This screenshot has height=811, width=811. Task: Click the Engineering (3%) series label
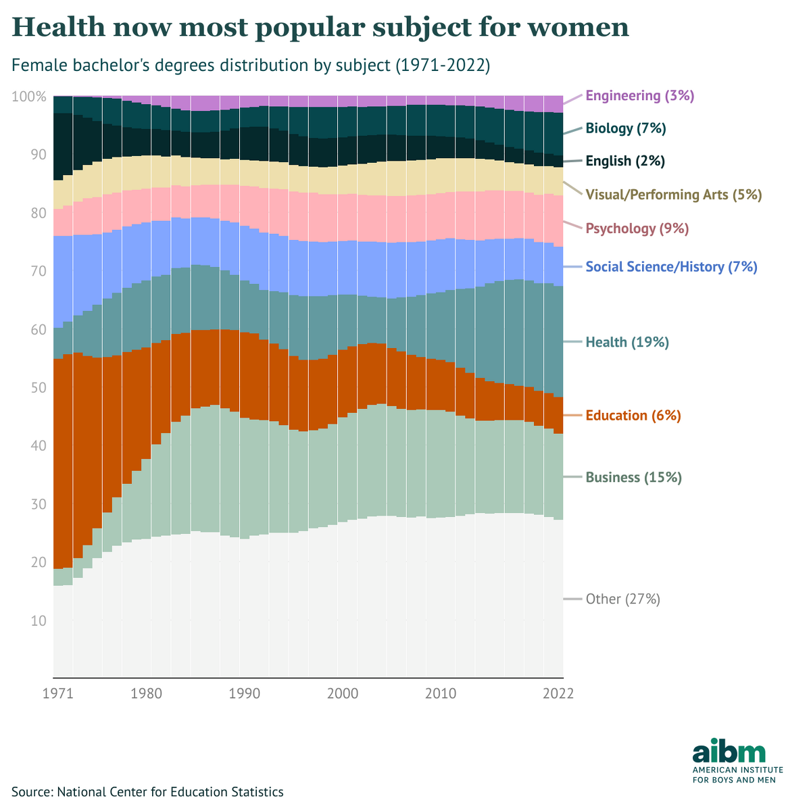point(639,96)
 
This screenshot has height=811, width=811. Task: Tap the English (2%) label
point(625,162)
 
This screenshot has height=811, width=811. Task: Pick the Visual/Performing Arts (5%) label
point(673,195)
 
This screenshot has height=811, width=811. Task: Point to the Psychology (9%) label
point(637,229)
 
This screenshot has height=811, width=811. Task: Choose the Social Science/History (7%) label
point(671,267)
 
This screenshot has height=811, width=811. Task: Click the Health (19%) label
point(627,343)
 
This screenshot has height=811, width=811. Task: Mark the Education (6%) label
point(633,416)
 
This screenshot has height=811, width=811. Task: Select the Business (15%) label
point(633,478)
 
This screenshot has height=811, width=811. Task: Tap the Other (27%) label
point(622,599)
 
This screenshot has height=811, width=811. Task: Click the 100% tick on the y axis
point(29,97)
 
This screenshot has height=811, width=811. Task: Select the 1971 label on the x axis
point(53,694)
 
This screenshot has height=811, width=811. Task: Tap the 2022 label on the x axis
point(558,694)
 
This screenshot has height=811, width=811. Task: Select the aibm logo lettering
point(729,752)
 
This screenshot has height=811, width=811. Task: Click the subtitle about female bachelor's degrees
point(251,66)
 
